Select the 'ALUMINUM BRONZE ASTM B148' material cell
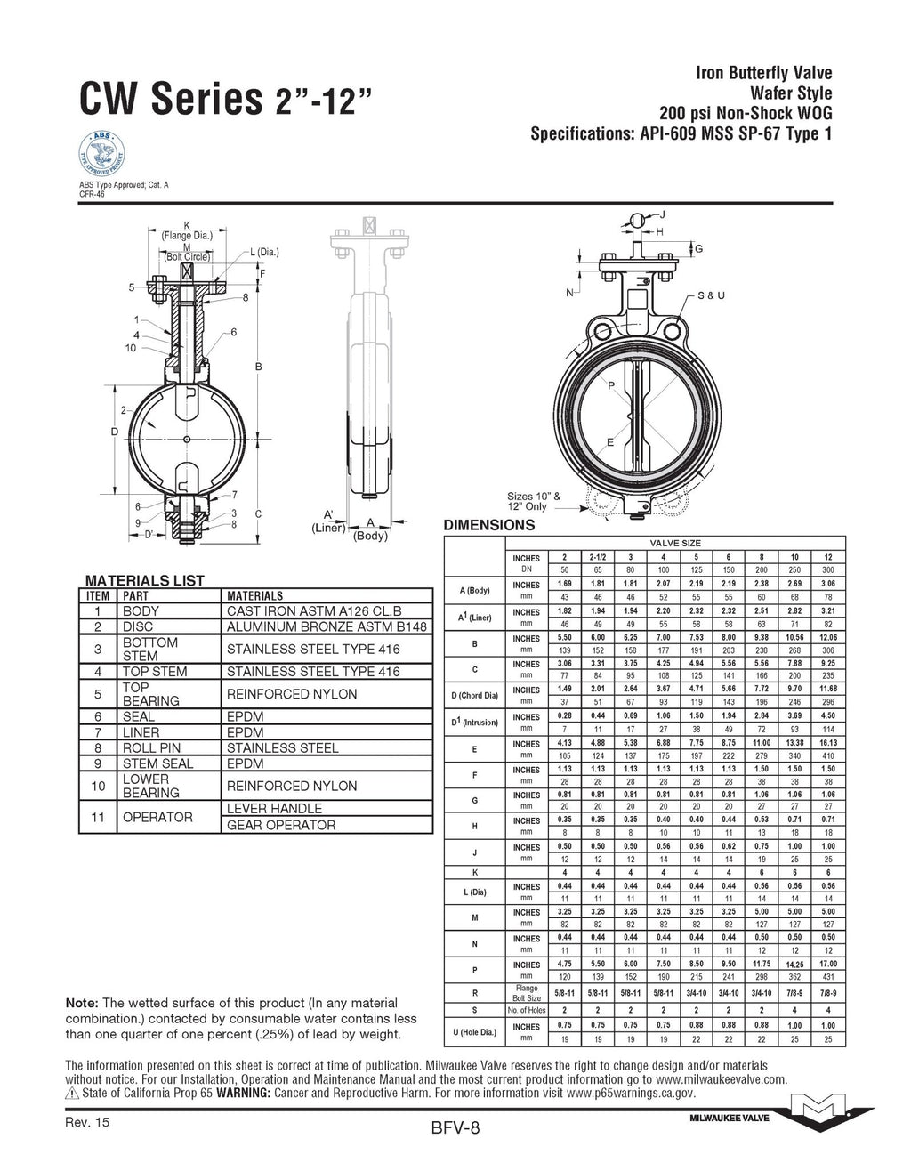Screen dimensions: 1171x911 [327, 626]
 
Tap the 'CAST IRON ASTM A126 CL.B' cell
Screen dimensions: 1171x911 [314, 610]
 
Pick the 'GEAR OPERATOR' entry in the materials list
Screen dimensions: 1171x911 [281, 825]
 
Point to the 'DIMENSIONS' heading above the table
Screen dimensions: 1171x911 [488, 525]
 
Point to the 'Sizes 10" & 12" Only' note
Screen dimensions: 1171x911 [534, 501]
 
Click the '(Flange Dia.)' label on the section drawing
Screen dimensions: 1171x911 [186, 236]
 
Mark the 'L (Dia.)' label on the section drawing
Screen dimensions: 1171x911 [264, 253]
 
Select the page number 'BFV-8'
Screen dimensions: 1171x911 [455, 1129]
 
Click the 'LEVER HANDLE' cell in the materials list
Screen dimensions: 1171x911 [274, 808]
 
